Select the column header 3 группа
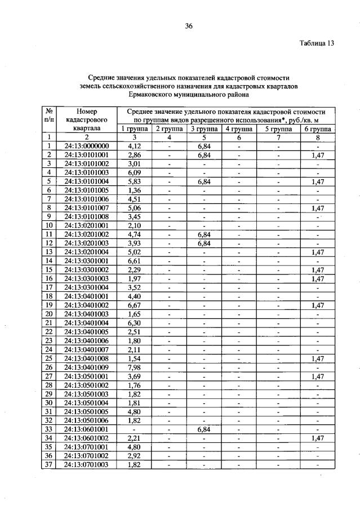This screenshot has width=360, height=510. (x=203, y=128)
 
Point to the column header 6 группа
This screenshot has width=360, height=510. (x=317, y=128)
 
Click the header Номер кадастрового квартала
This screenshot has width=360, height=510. (x=87, y=119)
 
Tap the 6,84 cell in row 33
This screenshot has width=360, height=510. (x=203, y=429)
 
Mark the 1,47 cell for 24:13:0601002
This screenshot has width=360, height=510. (x=317, y=438)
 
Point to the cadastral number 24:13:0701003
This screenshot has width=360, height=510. (x=87, y=464)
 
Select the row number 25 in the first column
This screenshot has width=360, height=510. (x=49, y=358)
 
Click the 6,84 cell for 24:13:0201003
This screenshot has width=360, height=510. (x=203, y=242)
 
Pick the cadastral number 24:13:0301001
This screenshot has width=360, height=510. (x=87, y=260)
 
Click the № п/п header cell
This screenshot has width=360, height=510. (x=49, y=115)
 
